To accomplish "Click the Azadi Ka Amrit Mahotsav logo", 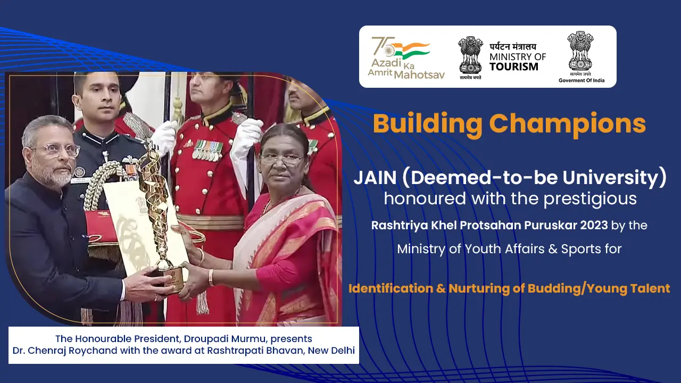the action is (406, 58).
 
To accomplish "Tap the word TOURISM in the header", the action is (514, 66).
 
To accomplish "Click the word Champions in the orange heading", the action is (567, 124).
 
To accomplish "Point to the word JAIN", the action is (375, 178).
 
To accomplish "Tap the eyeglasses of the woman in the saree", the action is (281, 160).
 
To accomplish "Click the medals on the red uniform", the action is (208, 150).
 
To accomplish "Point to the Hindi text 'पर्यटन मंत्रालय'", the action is (513, 47).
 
